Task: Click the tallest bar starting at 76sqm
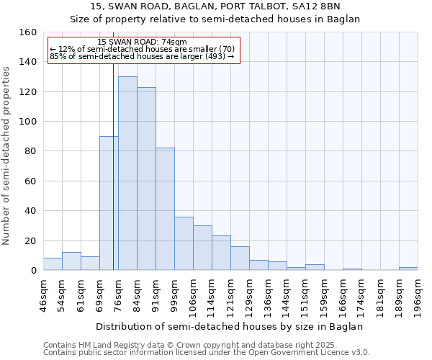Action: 127,174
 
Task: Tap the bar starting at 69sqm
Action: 109,203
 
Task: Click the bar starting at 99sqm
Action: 184,243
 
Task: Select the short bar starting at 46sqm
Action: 53,264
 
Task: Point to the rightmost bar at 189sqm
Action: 408,269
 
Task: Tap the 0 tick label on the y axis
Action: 33,271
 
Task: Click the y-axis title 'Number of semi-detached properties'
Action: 6,151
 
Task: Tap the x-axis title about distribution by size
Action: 230,326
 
